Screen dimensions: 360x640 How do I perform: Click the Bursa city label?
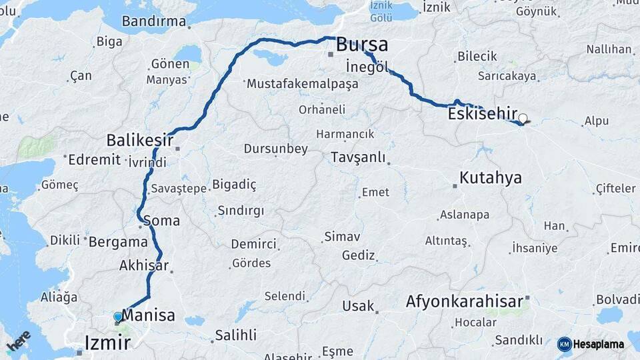click(362, 45)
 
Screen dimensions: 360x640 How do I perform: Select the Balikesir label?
click(139, 141)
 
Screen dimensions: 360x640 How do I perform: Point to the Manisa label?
click(149, 315)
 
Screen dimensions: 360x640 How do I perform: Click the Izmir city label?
click(107, 343)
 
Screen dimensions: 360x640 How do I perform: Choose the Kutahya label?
click(491, 178)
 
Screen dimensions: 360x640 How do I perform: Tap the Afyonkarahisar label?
click(465, 302)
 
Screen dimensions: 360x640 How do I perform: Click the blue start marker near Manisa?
click(118, 317)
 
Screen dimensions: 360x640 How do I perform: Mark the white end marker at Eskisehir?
click(523, 119)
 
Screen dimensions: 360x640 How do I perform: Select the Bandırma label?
click(154, 21)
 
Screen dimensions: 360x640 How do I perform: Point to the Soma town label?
click(161, 220)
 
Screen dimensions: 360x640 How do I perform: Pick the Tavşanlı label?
click(358, 157)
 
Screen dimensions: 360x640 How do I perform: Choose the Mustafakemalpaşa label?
click(302, 85)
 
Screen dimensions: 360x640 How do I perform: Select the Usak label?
click(358, 306)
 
